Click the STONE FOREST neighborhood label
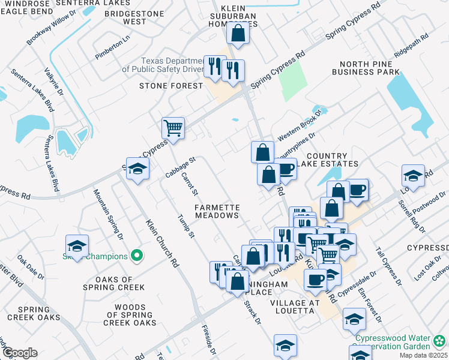pos(172,86)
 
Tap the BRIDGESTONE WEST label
pos(126,17)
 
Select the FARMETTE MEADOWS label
pos(217,211)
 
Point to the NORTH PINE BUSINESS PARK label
pos(369,68)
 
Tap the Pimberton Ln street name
pos(112,48)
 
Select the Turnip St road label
pos(186,225)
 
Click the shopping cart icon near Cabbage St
pos(173,128)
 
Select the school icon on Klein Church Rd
pos(137,169)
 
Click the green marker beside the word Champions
pos(137,256)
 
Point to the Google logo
pos(20,353)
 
